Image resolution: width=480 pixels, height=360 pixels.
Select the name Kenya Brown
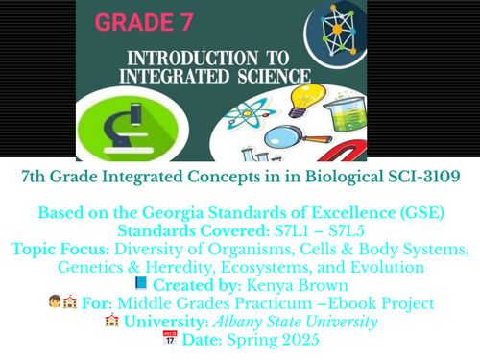[x=301, y=285]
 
